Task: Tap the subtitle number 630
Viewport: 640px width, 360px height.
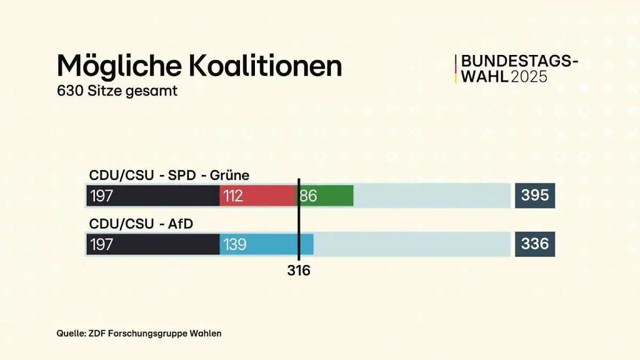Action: [69, 91]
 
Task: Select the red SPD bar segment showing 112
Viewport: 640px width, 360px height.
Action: [258, 196]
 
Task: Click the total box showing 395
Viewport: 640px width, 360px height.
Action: [535, 196]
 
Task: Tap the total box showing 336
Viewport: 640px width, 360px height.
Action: [535, 244]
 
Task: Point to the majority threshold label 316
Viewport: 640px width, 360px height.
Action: [299, 271]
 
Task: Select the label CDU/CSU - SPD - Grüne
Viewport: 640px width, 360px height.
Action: [169, 175]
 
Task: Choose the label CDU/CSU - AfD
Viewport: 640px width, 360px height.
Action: [141, 224]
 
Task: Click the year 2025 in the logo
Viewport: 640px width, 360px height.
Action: [529, 77]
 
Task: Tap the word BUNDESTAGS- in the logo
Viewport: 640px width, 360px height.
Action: [519, 62]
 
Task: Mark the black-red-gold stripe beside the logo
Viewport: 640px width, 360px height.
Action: [456, 69]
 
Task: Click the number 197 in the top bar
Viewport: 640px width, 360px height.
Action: [101, 196]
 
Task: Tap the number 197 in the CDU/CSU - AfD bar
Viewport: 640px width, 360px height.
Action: [101, 244]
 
